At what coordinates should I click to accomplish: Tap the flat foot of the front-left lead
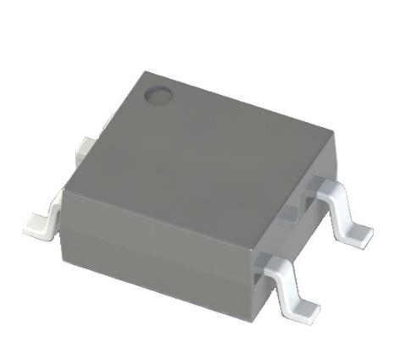tap(39, 224)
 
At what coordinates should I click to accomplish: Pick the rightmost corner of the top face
tap(331, 131)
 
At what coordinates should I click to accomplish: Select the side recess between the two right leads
tap(292, 224)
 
